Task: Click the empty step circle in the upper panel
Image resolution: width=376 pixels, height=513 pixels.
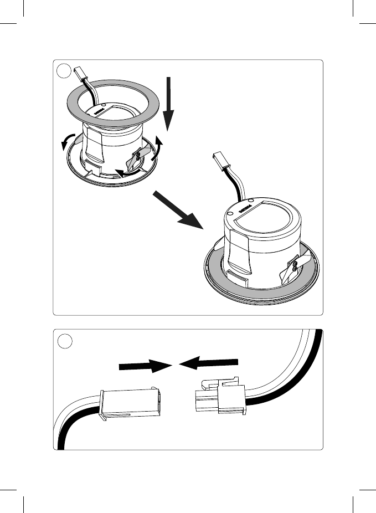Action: click(65, 71)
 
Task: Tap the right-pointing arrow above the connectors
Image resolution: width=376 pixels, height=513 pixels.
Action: click(144, 366)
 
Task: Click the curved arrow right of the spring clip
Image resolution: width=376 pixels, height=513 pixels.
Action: click(159, 148)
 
